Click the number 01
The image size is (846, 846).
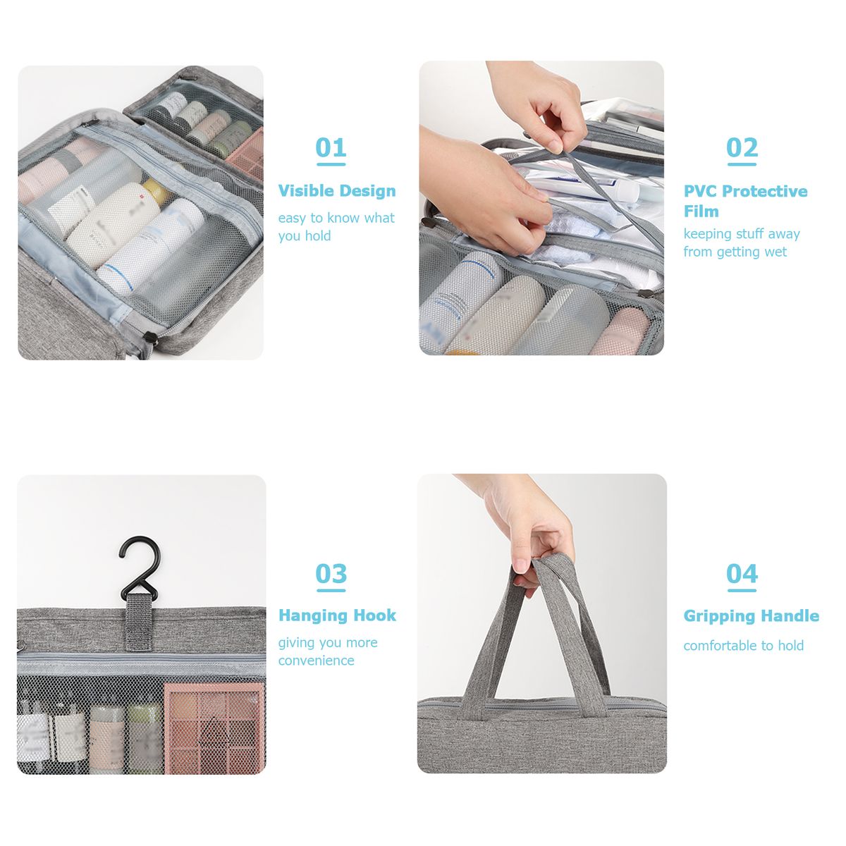click(331, 147)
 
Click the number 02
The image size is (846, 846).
click(742, 147)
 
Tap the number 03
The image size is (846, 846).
click(331, 573)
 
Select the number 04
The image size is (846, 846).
click(742, 573)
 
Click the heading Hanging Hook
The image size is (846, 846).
click(337, 615)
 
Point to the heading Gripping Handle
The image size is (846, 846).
click(751, 616)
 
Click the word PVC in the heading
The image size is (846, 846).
click(701, 191)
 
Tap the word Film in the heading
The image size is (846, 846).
click(701, 211)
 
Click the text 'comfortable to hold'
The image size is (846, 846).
click(743, 645)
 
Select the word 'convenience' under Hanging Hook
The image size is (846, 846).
click(316, 661)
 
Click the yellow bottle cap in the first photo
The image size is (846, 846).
click(157, 192)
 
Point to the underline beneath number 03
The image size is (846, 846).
click(331, 590)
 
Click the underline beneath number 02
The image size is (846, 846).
click(742, 164)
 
